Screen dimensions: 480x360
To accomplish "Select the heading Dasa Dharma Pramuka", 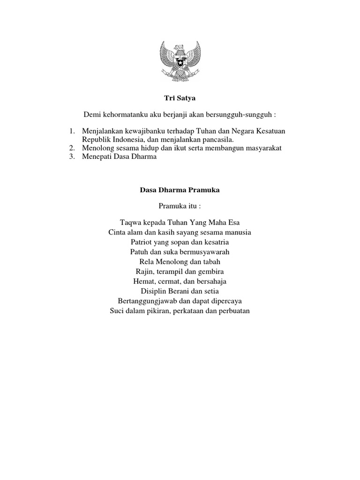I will [180, 190].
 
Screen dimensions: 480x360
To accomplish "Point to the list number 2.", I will [72, 148].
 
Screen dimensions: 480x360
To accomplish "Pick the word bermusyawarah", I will [208, 252].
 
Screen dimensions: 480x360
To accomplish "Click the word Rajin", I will [143, 272].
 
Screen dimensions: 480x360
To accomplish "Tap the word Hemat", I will [143, 282].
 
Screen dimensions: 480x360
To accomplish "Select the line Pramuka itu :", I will [180, 206].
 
